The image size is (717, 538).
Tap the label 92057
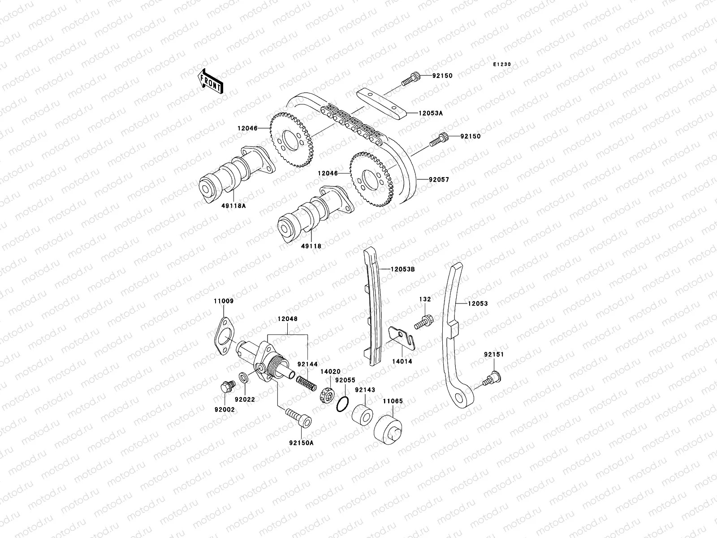[x=426, y=179]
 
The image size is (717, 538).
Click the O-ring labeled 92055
[x=342, y=403]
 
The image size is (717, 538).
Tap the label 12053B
[x=402, y=269]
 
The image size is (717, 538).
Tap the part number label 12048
[x=287, y=319]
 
